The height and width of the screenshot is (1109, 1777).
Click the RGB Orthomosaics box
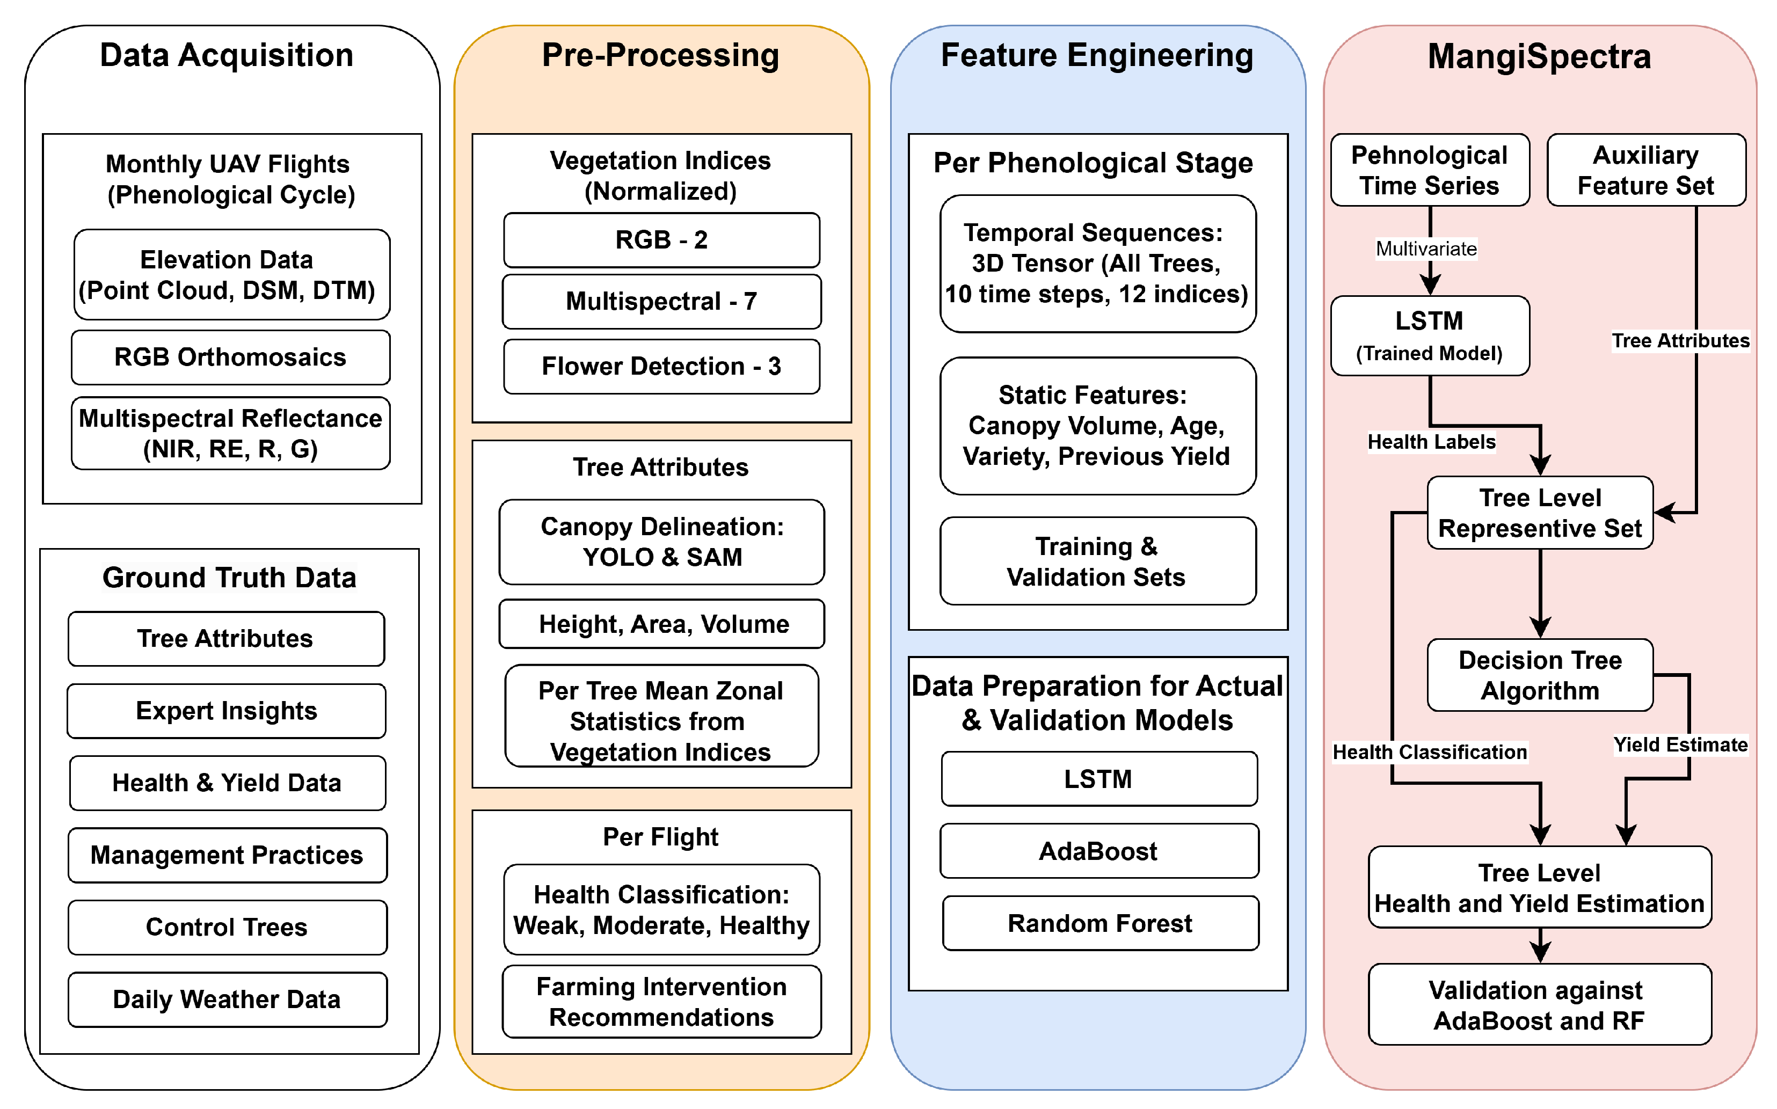click(230, 357)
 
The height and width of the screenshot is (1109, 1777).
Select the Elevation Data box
click(231, 275)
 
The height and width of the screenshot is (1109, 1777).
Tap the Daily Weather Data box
click(227, 999)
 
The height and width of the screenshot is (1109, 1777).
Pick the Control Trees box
click(227, 927)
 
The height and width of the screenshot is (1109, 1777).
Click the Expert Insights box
click(226, 711)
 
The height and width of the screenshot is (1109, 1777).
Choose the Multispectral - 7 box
click(661, 302)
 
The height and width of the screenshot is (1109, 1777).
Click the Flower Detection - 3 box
click(661, 366)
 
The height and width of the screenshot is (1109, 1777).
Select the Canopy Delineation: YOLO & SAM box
click(661, 542)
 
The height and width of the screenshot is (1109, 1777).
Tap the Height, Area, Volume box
click(661, 624)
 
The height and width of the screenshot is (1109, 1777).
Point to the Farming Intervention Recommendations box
click(661, 1002)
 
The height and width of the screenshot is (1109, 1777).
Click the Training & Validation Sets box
click(1098, 561)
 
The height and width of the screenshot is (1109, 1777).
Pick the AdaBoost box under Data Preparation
click(1098, 851)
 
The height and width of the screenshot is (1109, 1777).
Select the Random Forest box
click(1100, 923)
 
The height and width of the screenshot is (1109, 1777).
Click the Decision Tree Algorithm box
click(1539, 675)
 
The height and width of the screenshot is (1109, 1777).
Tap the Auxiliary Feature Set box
click(1645, 170)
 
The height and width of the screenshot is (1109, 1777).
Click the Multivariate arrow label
click(1426, 249)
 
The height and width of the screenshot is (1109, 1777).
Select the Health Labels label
click(1431, 442)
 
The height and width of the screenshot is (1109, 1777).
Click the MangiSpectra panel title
click(1539, 56)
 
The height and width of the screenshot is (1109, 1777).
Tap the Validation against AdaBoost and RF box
click(1539, 1005)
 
